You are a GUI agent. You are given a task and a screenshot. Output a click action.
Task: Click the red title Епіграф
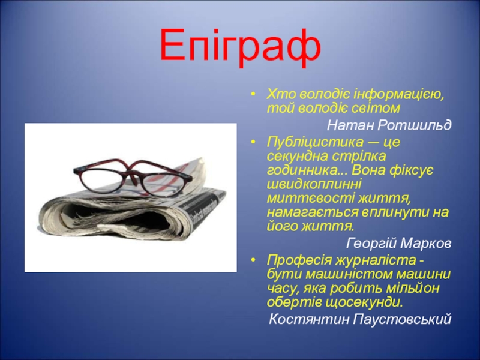(241, 47)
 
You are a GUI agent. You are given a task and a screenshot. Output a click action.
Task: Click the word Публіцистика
(316, 142)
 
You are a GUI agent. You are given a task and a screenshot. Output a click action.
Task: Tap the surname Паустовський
(402, 319)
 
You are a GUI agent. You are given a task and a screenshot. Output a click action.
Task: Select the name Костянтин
(309, 319)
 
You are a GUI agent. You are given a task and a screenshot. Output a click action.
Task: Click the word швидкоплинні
(314, 185)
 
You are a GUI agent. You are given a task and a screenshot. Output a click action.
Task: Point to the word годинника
(307, 170)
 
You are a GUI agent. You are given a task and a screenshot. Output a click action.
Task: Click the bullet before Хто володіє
(253, 95)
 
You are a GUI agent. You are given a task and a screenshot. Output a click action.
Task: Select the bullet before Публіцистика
(253, 143)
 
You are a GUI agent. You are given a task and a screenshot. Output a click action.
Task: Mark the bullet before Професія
(253, 260)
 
